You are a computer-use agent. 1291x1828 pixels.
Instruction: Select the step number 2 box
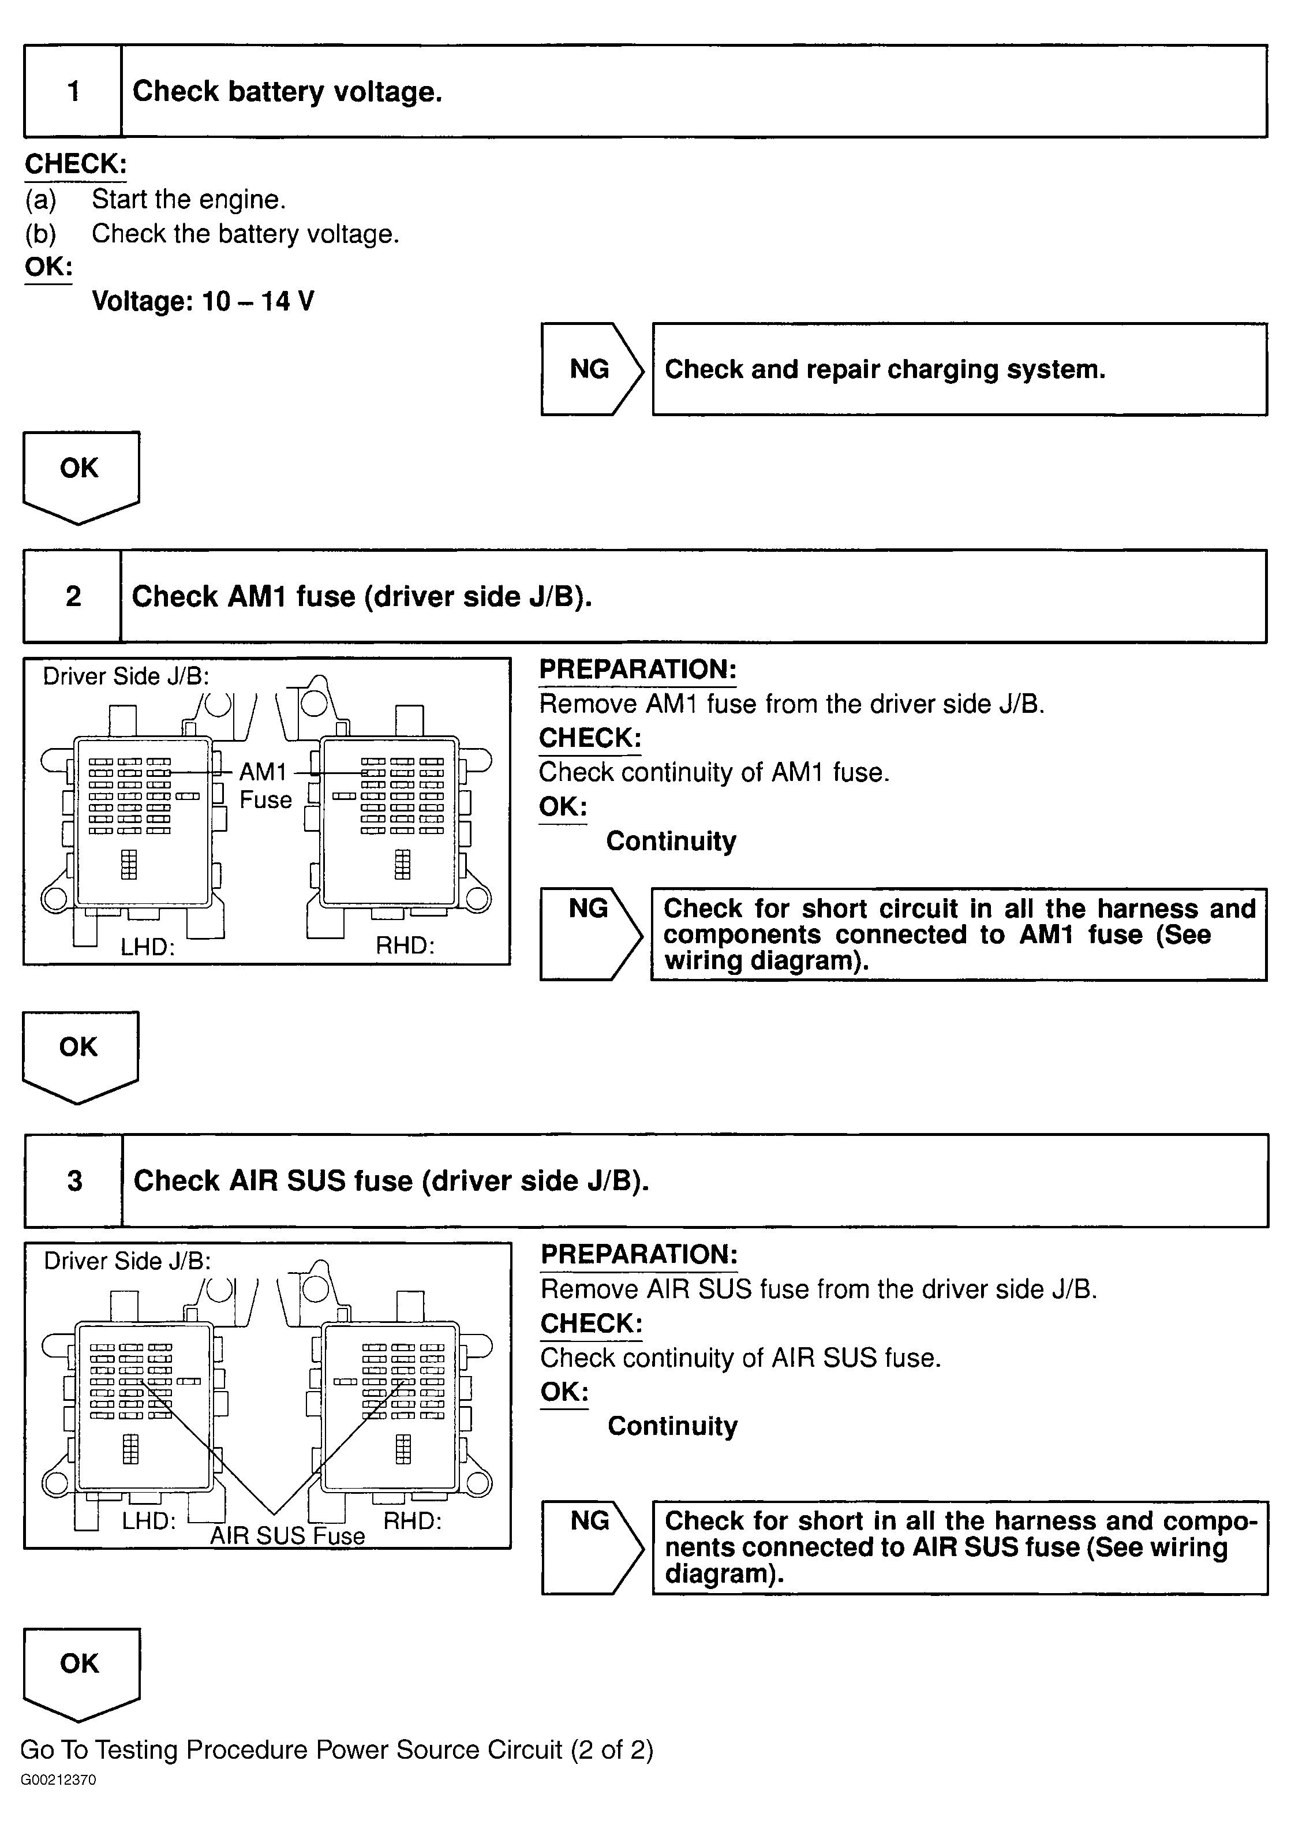click(73, 596)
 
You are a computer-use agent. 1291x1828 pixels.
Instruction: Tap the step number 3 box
click(74, 1181)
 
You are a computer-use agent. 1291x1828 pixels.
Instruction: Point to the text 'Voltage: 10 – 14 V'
click(203, 301)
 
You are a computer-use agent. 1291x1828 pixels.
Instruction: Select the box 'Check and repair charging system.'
click(959, 369)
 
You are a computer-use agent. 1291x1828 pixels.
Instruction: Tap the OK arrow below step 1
click(80, 474)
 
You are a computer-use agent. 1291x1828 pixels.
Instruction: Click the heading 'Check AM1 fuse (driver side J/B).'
click(362, 596)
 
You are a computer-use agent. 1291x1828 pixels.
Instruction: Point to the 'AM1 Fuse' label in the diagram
click(265, 785)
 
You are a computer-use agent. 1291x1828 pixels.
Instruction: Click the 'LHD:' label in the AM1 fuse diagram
click(147, 947)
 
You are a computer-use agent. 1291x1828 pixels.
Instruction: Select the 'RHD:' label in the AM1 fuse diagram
click(405, 945)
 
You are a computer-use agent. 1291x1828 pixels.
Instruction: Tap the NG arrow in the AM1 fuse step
click(590, 933)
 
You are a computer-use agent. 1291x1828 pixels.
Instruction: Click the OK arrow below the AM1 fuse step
click(80, 1054)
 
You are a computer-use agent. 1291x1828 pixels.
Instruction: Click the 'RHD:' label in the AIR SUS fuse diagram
click(412, 1521)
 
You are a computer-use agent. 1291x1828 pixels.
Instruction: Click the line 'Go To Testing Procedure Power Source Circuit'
click(336, 1749)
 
